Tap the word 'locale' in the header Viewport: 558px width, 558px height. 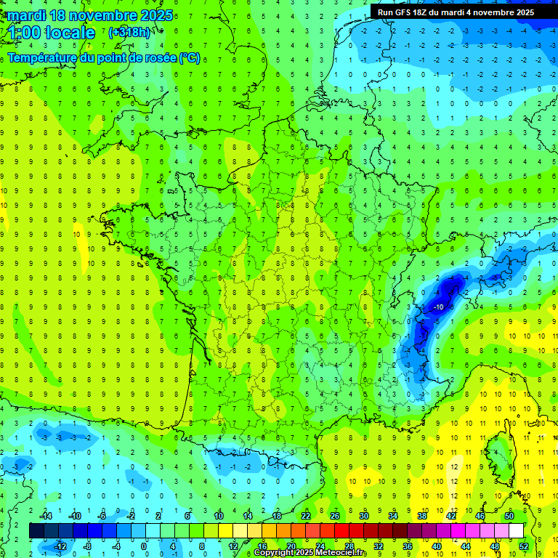point(69,33)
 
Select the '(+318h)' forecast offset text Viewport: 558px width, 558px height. point(130,32)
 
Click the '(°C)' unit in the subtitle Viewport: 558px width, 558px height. point(189,58)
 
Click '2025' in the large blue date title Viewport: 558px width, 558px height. point(154,15)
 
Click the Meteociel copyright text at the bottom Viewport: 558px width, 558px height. point(310,553)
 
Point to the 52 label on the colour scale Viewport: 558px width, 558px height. point(524,546)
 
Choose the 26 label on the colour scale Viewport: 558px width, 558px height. point(335,516)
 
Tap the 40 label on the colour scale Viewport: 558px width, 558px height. point(437,546)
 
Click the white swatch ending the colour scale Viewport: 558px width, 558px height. point(516,530)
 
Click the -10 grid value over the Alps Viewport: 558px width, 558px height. point(438,307)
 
